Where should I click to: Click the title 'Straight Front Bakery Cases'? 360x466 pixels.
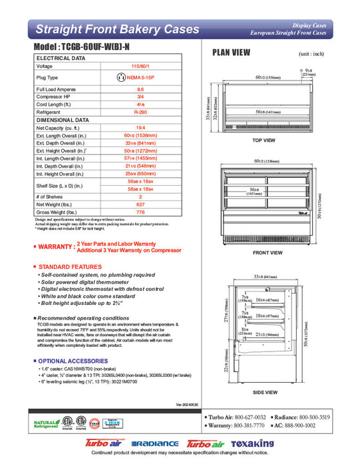(116, 29)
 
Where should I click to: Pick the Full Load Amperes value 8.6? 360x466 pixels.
(140, 89)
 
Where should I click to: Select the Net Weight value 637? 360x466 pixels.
(140, 204)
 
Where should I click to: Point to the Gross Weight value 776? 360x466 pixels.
(140, 212)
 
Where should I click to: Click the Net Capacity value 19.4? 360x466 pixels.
(140, 126)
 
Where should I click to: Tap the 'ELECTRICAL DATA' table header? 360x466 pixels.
(61, 59)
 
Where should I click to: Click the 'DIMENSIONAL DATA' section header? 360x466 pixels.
(62, 120)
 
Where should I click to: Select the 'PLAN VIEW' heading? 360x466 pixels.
(230, 53)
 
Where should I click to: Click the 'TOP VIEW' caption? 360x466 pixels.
(264, 140)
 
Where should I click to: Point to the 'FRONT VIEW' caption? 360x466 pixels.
(268, 253)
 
